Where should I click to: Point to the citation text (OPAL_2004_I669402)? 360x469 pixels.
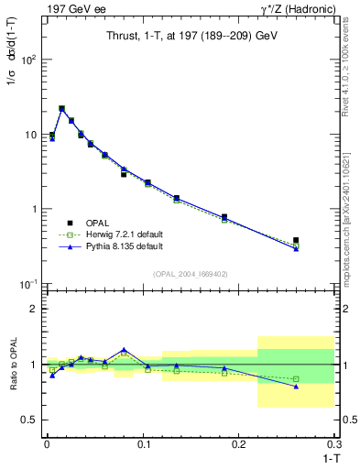190,273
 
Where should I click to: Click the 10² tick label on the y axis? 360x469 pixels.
28,60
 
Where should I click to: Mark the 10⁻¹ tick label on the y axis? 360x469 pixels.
28,284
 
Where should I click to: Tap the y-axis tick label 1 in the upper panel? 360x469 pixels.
33,209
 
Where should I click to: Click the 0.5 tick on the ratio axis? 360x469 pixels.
30,420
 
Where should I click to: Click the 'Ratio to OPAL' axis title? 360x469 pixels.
11,365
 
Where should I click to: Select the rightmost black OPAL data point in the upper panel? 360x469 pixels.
296,240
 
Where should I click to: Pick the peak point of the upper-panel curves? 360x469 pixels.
61,108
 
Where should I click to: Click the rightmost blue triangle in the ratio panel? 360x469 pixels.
296,386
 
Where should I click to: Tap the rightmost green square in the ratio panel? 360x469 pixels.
296,379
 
